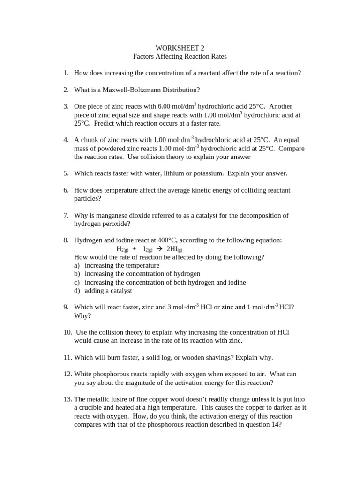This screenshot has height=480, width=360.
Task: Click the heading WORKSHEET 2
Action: [180, 48]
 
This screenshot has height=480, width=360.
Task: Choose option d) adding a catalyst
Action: [108, 291]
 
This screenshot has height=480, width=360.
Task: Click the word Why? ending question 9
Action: [82, 316]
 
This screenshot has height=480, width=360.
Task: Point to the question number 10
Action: [67, 332]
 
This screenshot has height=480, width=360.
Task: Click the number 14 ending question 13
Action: [275, 425]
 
